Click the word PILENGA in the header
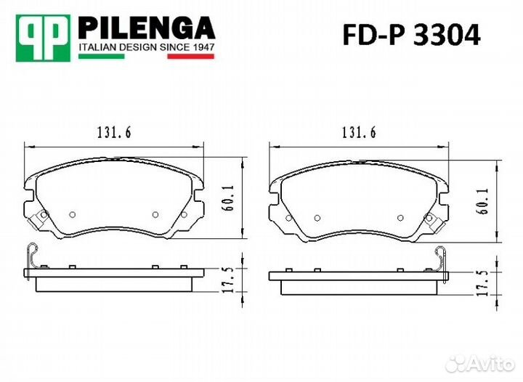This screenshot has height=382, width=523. [x=145, y=28]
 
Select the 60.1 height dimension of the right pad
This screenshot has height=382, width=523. [x=482, y=198]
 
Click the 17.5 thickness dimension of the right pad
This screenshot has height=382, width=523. [x=482, y=279]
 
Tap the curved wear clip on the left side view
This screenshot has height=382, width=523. [x=31, y=255]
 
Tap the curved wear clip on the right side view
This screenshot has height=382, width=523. [x=440, y=256]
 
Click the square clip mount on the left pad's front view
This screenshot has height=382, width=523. [x=40, y=216]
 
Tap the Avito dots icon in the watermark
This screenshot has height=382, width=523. [x=458, y=362]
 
